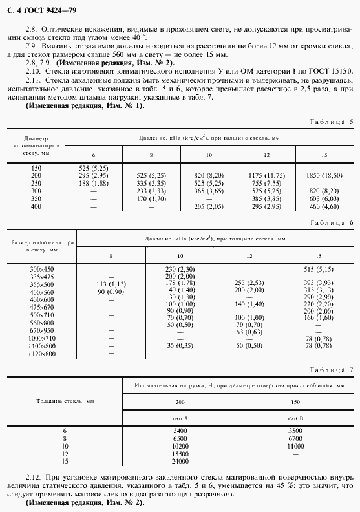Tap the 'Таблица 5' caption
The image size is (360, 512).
(330, 121)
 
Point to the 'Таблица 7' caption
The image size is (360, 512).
(330, 370)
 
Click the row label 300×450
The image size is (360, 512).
(43, 268)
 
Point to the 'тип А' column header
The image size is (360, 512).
(176, 419)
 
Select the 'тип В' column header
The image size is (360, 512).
(295, 419)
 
